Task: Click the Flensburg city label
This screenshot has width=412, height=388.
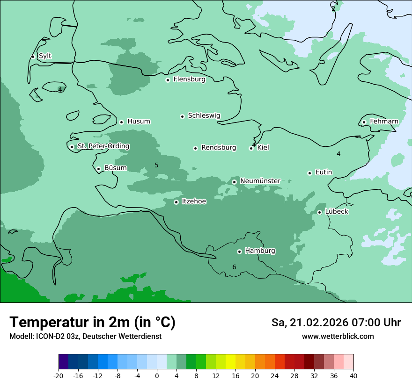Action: pyautogui.click(x=189, y=79)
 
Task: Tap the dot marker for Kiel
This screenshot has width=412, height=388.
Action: pyautogui.click(x=251, y=149)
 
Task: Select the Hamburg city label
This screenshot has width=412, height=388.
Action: pyautogui.click(x=260, y=251)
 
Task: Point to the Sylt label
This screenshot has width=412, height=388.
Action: pyautogui.click(x=45, y=56)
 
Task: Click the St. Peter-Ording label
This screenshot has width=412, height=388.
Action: pyautogui.click(x=103, y=146)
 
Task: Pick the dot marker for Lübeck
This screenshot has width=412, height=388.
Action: pyautogui.click(x=320, y=212)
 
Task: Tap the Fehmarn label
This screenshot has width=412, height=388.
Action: pyautogui.click(x=384, y=122)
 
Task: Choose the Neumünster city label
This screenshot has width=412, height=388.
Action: pyautogui.click(x=260, y=181)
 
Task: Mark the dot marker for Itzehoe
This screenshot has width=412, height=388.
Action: pyautogui.click(x=176, y=202)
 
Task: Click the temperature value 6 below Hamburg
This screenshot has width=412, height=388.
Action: pyautogui.click(x=234, y=267)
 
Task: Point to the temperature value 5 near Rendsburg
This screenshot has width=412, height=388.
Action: pyautogui.click(x=156, y=165)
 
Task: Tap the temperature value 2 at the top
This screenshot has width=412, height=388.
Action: pyautogui.click(x=333, y=8)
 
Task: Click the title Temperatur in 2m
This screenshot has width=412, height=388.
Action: pyautogui.click(x=92, y=323)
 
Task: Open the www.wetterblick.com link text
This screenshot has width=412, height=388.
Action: pyautogui.click(x=338, y=337)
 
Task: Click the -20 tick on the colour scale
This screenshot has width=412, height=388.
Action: pyautogui.click(x=59, y=376)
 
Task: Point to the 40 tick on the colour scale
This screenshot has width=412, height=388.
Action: pyautogui.click(x=353, y=376)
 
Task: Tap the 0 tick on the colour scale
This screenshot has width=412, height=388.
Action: pyautogui.click(x=157, y=376)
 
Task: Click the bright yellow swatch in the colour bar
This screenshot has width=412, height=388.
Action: pyautogui.click(x=230, y=362)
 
